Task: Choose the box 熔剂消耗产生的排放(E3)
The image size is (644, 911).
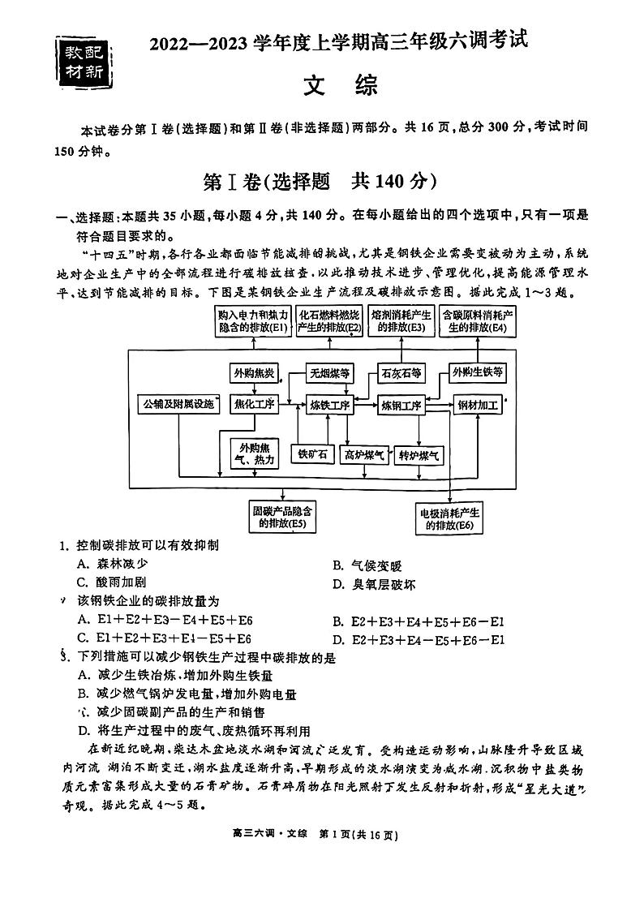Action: [x=401, y=320]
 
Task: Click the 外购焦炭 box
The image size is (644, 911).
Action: [x=253, y=373]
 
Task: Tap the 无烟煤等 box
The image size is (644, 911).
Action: [x=329, y=373]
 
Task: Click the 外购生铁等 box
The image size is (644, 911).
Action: [x=479, y=373]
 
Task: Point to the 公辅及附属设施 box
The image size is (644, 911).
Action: [x=178, y=404]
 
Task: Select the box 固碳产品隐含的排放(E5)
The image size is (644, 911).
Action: [x=283, y=517]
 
